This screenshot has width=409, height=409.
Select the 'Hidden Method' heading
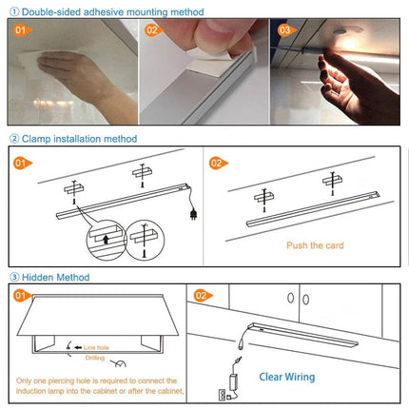(x=57, y=277)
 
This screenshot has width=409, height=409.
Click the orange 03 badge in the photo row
(x=284, y=29)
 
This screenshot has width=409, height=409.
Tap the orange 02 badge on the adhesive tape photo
(x=152, y=29)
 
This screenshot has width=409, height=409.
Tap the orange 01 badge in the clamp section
(x=21, y=163)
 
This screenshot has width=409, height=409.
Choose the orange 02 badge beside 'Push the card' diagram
(x=216, y=163)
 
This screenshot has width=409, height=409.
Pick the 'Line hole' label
(x=98, y=349)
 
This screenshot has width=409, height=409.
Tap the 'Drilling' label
(x=96, y=358)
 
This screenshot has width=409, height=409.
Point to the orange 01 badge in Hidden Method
(x=21, y=297)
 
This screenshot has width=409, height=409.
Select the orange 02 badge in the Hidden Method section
(x=202, y=297)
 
